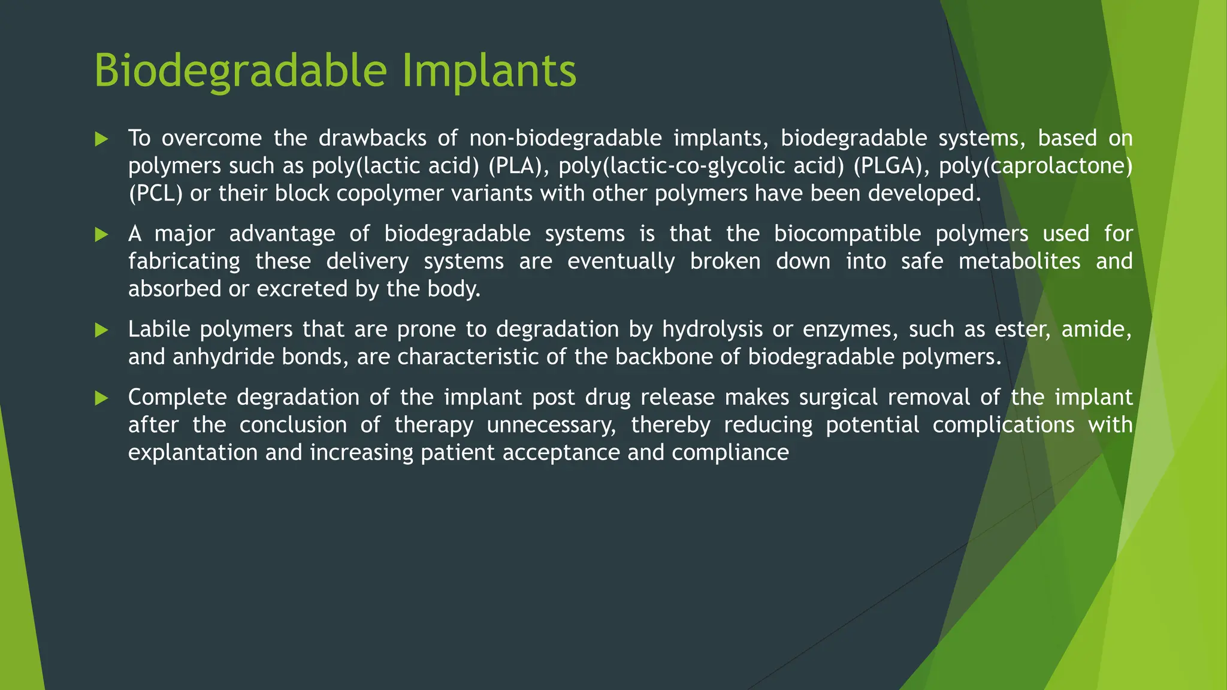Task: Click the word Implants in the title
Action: coord(488,71)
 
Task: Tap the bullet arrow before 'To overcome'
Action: coord(101,140)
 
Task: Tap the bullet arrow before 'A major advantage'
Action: coord(101,235)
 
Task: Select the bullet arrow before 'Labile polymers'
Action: coord(101,330)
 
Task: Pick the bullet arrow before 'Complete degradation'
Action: coord(101,398)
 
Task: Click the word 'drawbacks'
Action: coord(372,138)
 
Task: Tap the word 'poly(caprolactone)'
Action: coord(1035,166)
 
